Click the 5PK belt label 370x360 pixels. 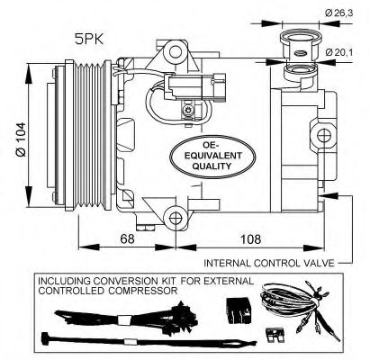(x=89, y=40)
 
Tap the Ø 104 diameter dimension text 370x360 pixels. (x=21, y=139)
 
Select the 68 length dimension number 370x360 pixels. (x=127, y=238)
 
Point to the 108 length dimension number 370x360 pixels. (x=250, y=239)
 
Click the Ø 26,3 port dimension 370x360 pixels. (x=339, y=13)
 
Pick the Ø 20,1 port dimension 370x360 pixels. (x=339, y=52)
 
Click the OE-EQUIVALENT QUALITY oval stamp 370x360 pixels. (x=212, y=157)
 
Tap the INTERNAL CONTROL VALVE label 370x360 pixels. (x=269, y=263)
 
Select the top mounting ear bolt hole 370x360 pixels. (x=175, y=52)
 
